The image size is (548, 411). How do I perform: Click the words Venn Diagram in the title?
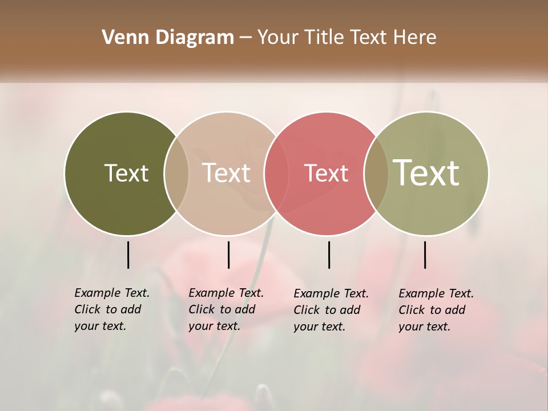(168, 38)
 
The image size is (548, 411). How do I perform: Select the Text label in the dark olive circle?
(126, 173)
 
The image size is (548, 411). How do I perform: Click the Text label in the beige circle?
(227, 173)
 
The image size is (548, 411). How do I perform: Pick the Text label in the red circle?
(326, 173)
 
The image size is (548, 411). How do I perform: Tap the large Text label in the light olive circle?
(426, 172)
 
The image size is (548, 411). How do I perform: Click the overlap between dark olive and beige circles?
(176, 173)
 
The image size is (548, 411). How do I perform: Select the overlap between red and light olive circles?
(376, 173)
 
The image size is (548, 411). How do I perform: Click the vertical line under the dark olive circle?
(128, 255)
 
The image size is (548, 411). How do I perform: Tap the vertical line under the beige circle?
(228, 255)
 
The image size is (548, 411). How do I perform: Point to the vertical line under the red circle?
(329, 255)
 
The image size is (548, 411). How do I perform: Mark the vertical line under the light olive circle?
(425, 255)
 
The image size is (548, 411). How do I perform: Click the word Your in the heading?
(278, 38)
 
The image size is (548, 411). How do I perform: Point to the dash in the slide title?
(245, 38)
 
